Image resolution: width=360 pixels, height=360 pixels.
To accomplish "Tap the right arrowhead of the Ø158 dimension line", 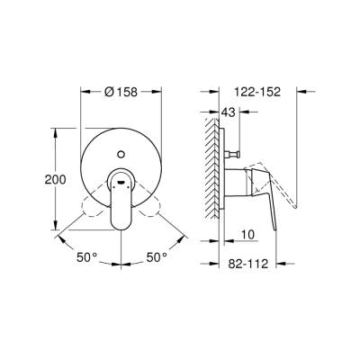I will tap(162, 91).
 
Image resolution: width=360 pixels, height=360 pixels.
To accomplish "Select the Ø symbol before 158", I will tap(109, 91).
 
